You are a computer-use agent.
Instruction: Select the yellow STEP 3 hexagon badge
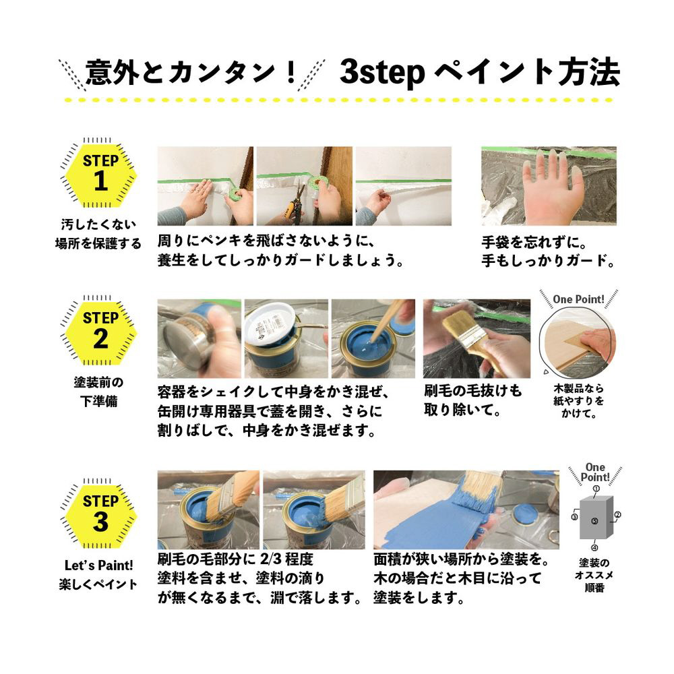pos(100,514)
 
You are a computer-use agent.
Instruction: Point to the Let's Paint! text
pos(98,565)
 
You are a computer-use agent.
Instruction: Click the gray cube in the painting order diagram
pos(596,518)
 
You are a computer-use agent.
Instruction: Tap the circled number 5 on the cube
pos(594,521)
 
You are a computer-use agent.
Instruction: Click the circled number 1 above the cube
pos(596,488)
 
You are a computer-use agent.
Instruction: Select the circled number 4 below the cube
pos(594,547)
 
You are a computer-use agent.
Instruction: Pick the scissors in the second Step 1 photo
pos(296,206)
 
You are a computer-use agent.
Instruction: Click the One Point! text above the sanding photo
pos(578,299)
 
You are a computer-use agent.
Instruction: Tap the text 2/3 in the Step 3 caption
pos(270,559)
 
